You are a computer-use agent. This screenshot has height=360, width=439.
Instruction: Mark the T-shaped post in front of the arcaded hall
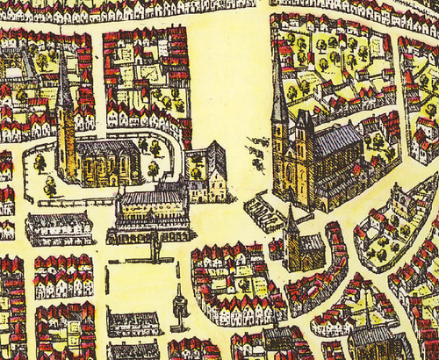coord(156,252)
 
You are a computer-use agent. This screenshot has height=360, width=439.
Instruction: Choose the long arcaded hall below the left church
coord(151,215)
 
